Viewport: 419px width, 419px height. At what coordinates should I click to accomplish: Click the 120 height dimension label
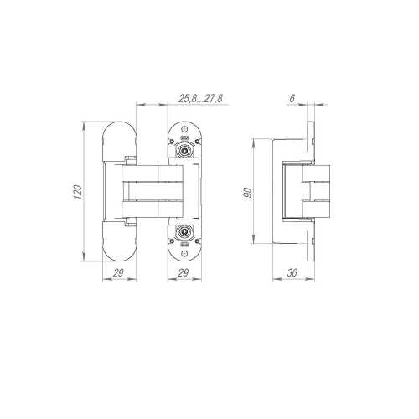coord(79,192)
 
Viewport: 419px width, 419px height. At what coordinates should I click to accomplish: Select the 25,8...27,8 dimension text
coord(200,98)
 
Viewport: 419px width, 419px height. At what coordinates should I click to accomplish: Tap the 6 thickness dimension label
coord(292,98)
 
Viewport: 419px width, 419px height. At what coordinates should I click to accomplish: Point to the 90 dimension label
coord(248,193)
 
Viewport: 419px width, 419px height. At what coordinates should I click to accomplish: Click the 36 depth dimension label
coord(292,272)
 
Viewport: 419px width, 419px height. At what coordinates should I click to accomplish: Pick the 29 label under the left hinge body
coord(118,272)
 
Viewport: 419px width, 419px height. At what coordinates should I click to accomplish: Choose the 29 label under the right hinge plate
coord(183,272)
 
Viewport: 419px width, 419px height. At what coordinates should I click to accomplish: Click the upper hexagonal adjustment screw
coord(184,151)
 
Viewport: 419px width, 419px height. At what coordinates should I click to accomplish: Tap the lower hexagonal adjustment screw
coord(184,231)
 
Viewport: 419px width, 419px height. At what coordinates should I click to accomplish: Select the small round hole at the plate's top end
coord(184,129)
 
